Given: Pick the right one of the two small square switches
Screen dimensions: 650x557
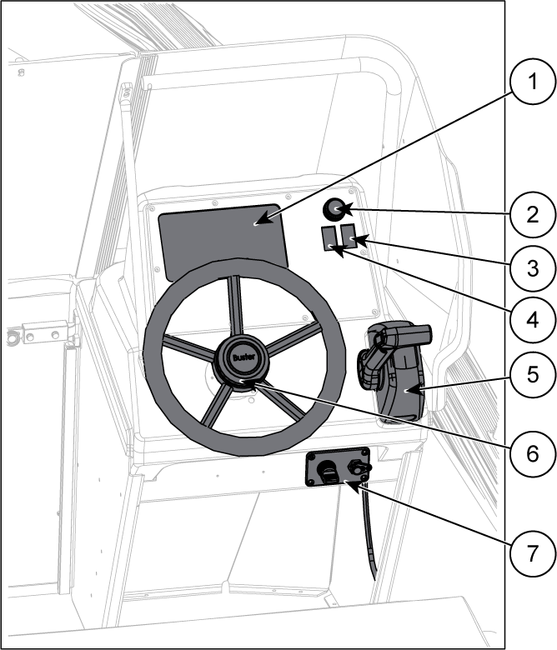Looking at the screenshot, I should click(x=348, y=237).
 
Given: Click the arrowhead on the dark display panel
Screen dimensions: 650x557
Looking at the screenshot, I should click(x=260, y=222).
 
